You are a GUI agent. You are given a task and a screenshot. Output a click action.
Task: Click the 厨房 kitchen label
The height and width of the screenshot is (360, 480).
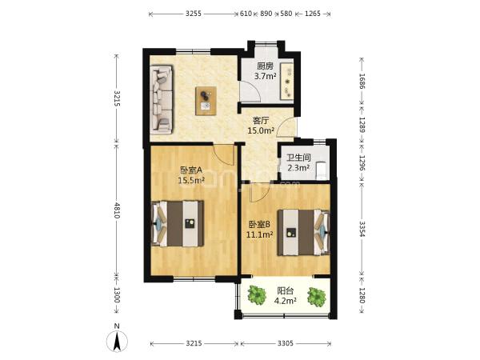265,66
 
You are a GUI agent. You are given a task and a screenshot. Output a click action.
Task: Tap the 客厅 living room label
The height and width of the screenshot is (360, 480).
261,120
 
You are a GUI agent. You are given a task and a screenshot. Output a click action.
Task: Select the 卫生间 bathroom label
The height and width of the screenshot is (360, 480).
298,158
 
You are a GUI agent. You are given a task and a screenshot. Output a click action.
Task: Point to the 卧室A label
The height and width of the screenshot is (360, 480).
191,170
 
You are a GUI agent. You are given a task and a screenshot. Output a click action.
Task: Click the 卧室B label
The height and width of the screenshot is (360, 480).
259,225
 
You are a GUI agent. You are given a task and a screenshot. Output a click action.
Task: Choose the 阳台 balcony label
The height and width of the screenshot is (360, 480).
286,290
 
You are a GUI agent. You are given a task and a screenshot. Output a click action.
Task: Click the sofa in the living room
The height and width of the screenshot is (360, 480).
162,100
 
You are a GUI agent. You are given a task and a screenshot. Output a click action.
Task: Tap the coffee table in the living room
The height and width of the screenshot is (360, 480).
206,101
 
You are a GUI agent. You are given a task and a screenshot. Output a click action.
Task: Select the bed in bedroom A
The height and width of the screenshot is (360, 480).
178,223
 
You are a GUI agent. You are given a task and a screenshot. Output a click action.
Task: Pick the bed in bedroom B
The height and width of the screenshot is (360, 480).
303,232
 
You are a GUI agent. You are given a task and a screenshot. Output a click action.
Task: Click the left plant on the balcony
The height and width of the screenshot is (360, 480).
257,294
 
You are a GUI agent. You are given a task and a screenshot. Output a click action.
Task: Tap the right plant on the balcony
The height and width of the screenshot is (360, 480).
317,296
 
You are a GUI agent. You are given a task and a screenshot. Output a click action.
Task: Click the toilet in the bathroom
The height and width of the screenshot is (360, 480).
321,170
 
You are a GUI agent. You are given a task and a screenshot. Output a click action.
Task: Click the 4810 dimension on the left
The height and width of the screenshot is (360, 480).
117,210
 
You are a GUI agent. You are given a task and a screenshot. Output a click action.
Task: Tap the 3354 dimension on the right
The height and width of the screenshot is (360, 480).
362,229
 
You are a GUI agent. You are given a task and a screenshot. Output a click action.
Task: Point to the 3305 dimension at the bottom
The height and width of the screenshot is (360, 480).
286,343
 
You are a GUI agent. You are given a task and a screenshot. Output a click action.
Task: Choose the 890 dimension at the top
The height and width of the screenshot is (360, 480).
266,14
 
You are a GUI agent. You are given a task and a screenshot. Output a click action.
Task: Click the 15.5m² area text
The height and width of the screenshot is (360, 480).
191,180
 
